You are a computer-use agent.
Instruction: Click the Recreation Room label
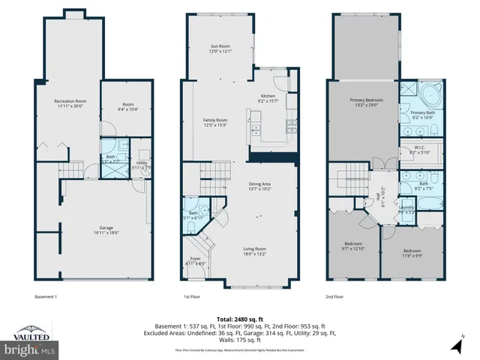pos(70,103)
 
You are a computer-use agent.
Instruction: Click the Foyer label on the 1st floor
pos(195,261)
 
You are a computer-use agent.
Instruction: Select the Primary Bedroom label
pos(362,102)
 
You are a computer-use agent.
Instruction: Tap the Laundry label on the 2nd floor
pos(407,209)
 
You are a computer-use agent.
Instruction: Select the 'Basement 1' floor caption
pos(46,295)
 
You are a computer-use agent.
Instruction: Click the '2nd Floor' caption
pos(334,295)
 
